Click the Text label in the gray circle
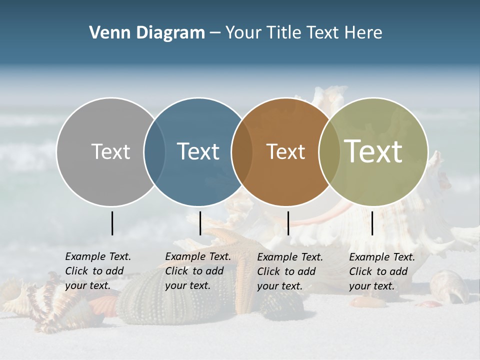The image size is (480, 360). (x=110, y=151)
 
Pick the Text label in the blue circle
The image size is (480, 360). (x=198, y=151)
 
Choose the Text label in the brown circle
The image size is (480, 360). (x=285, y=151)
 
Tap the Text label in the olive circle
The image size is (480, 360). (x=373, y=151)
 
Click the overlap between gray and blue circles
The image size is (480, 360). (x=154, y=151)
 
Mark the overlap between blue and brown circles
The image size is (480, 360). (x=242, y=151)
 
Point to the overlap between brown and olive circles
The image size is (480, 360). (x=328, y=151)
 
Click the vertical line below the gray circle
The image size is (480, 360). (x=112, y=223)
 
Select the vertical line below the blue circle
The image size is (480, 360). (x=200, y=223)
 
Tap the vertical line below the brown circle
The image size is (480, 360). (x=288, y=223)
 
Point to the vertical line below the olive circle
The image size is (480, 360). (x=372, y=223)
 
